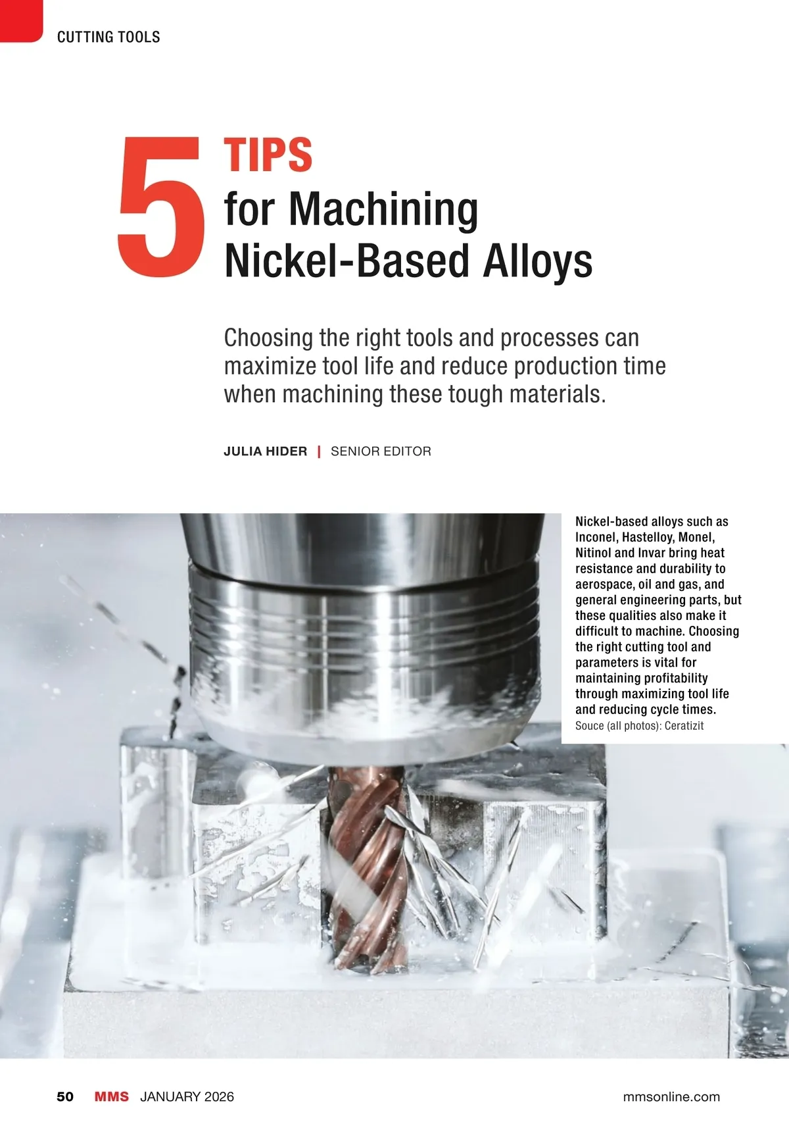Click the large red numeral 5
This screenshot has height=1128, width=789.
[x=161, y=207]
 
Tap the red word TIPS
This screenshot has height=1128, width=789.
[x=268, y=155]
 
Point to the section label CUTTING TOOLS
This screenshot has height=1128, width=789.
[x=108, y=37]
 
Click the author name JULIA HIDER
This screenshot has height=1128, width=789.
[x=265, y=451]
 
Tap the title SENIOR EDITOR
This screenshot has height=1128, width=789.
[x=381, y=451]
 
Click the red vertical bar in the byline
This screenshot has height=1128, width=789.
[x=319, y=451]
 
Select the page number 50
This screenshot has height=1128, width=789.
[x=65, y=1097]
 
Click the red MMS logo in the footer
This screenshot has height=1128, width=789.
[x=112, y=1097]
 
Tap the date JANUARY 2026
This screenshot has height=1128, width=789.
[x=187, y=1097]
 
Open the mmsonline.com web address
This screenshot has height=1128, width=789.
[x=671, y=1097]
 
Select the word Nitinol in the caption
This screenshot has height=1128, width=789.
[x=593, y=553]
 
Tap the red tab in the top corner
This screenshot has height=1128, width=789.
[x=21, y=21]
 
